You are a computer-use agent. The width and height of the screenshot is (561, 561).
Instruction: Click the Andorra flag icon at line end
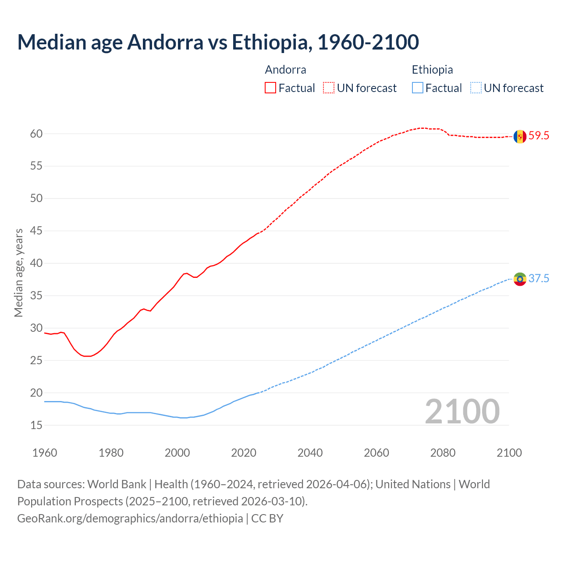(x=520, y=136)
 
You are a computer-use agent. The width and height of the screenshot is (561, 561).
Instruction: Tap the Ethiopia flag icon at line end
(x=520, y=279)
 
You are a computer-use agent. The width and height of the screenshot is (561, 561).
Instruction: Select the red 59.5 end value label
(x=539, y=136)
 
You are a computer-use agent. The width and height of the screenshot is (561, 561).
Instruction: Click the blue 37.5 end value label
(x=539, y=279)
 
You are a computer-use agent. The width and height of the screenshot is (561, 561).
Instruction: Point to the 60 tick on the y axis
(x=36, y=134)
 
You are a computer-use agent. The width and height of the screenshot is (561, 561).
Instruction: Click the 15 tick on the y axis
(x=36, y=425)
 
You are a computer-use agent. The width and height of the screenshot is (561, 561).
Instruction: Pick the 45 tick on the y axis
(x=36, y=231)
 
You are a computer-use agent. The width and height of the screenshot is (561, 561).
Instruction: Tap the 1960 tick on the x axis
(x=45, y=453)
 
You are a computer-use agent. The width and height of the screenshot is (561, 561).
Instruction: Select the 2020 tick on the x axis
(x=244, y=453)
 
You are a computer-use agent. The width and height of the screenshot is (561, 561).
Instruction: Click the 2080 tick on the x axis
(x=443, y=453)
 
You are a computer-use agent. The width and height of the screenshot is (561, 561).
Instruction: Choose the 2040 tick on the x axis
(x=310, y=453)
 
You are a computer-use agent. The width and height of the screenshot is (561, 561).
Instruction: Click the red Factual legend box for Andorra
(x=270, y=88)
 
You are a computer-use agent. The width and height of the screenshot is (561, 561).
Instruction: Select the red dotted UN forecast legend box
(x=329, y=88)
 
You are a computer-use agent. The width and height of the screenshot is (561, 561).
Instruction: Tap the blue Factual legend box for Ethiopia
(x=418, y=88)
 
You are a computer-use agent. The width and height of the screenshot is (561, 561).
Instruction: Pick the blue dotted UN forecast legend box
(x=476, y=88)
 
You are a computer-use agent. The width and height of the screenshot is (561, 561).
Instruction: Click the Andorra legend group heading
(x=285, y=70)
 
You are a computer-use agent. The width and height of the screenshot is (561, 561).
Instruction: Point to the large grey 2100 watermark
(x=462, y=412)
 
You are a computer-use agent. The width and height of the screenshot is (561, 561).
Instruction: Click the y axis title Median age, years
(x=18, y=273)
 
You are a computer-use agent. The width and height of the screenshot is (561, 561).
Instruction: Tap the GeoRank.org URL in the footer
(x=130, y=518)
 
